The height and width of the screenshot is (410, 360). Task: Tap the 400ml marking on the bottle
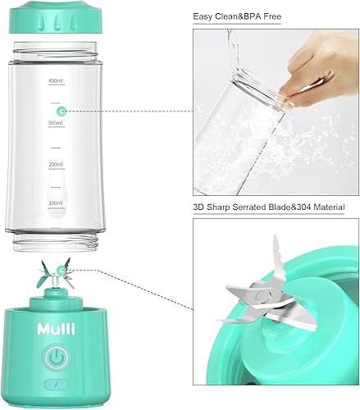pyautogui.click(x=57, y=81)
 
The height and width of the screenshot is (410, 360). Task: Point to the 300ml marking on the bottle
pyautogui.click(x=57, y=122)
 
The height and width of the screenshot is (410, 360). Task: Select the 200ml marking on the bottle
pyautogui.click(x=57, y=164)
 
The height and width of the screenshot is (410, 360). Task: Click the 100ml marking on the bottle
pyautogui.click(x=57, y=202)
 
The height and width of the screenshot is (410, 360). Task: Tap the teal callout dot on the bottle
pyautogui.click(x=59, y=110)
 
